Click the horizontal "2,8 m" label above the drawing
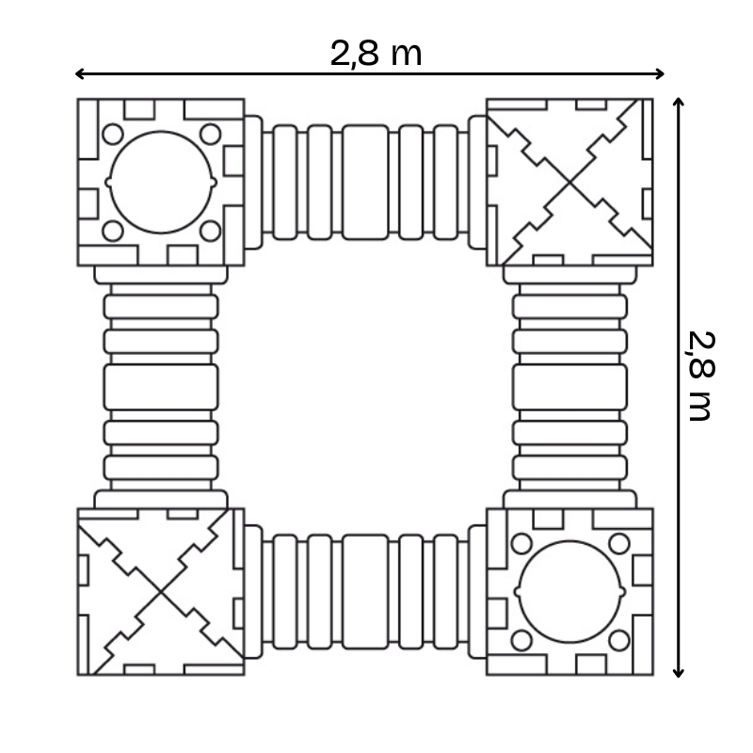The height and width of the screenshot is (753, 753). coord(376,54)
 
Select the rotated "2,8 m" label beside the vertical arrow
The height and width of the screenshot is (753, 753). coord(701,376)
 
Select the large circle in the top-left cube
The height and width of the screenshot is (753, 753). coord(161,182)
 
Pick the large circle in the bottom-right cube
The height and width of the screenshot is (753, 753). coord(570,591)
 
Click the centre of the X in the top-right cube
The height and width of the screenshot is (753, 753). coord(569,182)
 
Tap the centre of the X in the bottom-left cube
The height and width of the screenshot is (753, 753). coord(161,591)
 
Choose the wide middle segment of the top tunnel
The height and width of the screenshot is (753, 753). coord(365,182)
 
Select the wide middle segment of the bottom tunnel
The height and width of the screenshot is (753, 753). coord(365,591)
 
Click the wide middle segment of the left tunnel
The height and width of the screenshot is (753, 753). coord(161,387)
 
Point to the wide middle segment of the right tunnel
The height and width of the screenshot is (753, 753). coord(570,387)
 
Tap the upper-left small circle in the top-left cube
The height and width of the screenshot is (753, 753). coord(113,134)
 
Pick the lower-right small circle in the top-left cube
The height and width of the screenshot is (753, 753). coord(210,230)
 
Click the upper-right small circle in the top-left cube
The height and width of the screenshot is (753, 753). coord(210,134)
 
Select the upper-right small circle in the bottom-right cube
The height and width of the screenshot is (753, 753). coord(618,543)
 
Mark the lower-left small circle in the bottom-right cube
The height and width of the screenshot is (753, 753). coord(521,640)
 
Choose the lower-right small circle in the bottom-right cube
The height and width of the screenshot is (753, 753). coord(618,640)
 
